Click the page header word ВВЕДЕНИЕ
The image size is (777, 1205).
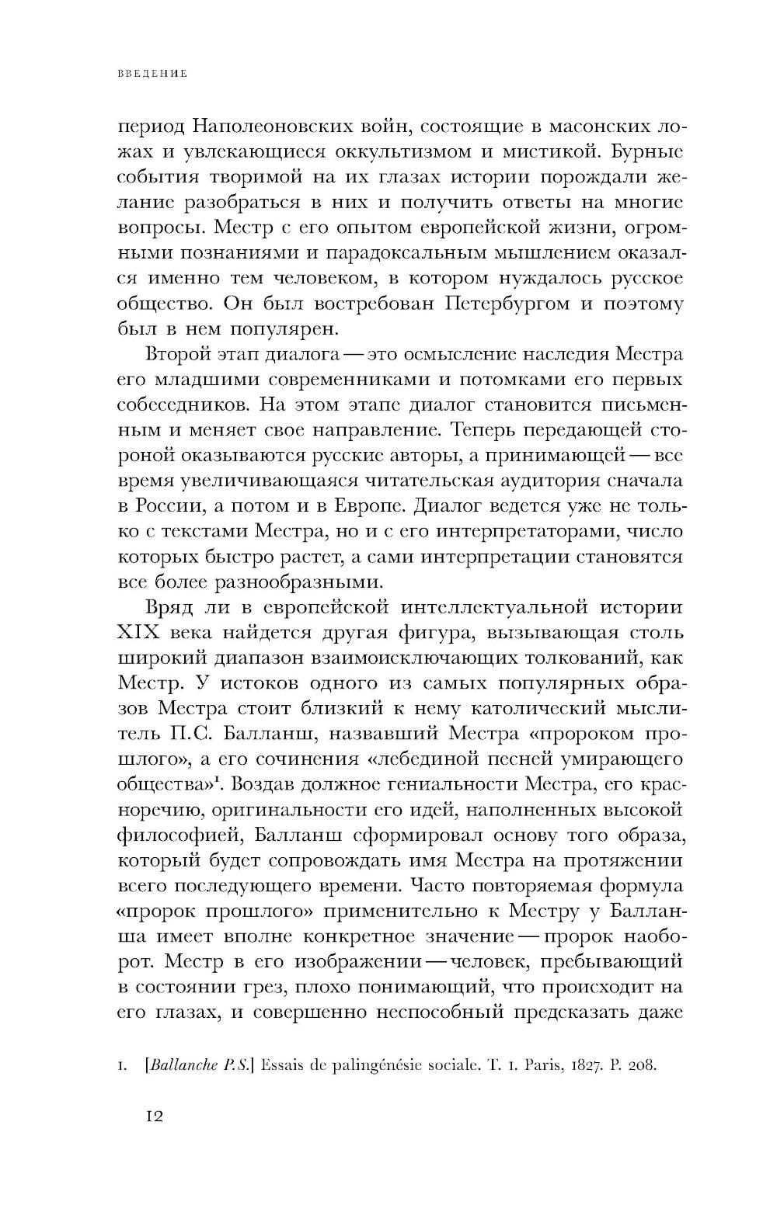click(152, 75)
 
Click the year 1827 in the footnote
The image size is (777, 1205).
click(578, 1064)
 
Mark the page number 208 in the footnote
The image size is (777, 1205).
click(643, 1064)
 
